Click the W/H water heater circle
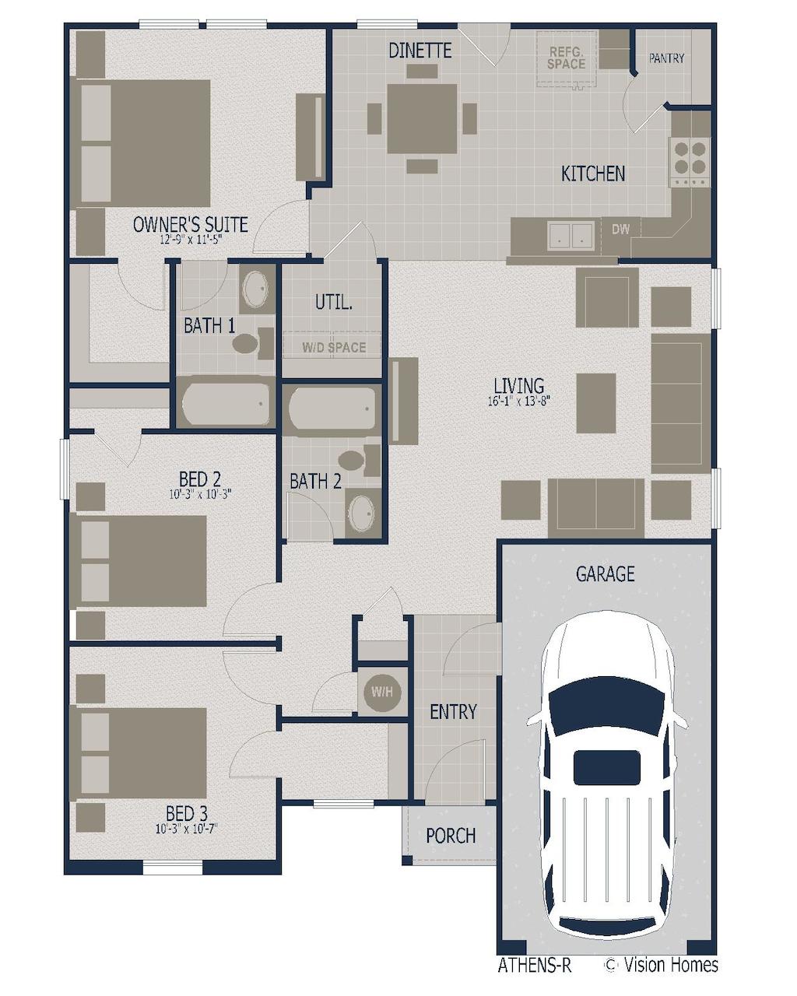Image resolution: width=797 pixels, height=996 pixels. click(x=381, y=692)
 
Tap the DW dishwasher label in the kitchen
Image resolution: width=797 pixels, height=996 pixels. click(x=620, y=229)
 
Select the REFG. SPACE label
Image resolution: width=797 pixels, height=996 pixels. click(x=566, y=58)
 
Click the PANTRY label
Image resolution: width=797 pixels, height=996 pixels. click(x=666, y=58)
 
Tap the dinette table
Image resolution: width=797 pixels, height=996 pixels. click(x=421, y=118)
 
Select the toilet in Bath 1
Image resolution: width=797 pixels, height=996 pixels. click(x=252, y=343)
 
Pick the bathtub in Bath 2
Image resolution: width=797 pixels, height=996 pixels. click(x=332, y=409)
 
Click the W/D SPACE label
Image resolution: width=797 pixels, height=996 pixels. click(x=333, y=347)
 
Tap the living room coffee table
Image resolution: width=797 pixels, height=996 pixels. click(x=595, y=402)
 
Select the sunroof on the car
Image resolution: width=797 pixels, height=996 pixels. click(x=606, y=767)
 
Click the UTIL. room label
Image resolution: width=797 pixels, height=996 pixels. click(x=333, y=303)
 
